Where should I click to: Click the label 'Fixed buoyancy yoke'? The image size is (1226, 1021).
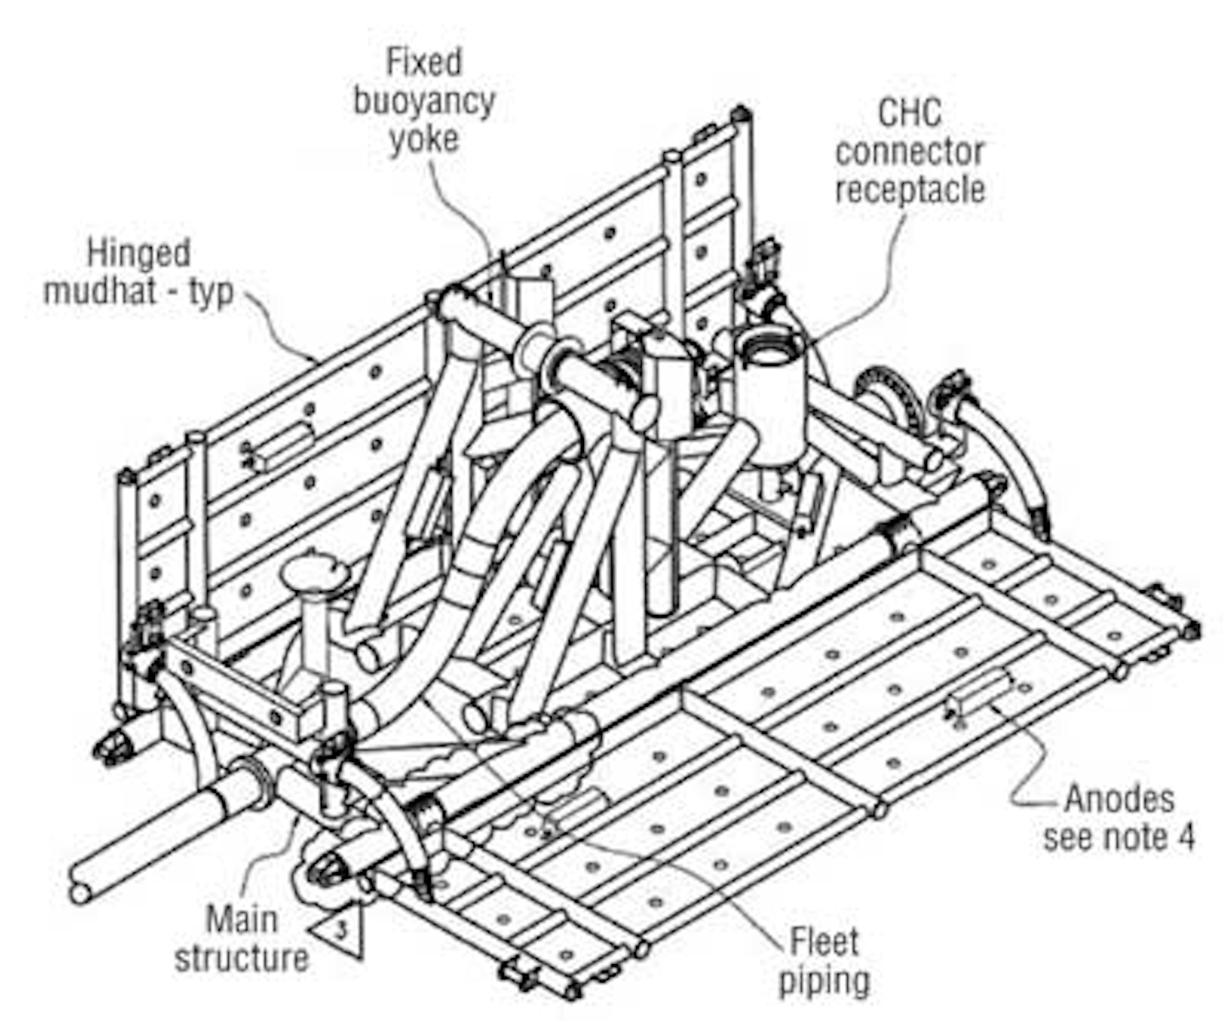pyautogui.click(x=424, y=101)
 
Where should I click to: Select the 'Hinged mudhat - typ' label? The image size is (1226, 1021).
pyautogui.click(x=139, y=272)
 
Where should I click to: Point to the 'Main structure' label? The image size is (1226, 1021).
pyautogui.click(x=242, y=938)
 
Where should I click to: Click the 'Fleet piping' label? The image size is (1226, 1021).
pyautogui.click(x=824, y=961)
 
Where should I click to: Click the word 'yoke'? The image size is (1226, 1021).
pyautogui.click(x=424, y=139)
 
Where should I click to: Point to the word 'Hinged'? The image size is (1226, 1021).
pyautogui.click(x=139, y=253)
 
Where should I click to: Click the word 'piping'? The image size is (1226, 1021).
pyautogui.click(x=824, y=981)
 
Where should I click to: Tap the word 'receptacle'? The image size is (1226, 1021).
pyautogui.click(x=909, y=190)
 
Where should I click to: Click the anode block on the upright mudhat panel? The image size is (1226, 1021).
pyautogui.click(x=281, y=443)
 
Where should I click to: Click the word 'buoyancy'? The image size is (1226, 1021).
pyautogui.click(x=424, y=101)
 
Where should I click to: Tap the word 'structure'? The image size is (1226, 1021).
pyautogui.click(x=242, y=958)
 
